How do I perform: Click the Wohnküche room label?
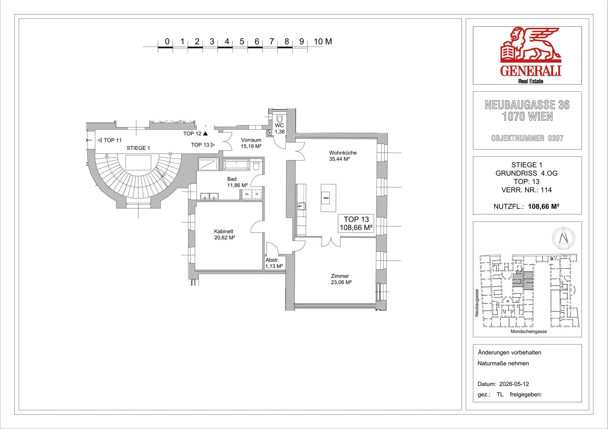coord(343,153)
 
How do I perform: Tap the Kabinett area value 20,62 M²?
coord(225,238)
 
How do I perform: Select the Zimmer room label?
coord(340,276)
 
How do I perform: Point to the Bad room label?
coord(232,179)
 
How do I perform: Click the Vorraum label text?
coord(251,140)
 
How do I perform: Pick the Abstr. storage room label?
coord(272,260)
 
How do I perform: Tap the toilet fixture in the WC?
coord(279,119)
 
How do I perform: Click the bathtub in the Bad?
coord(237,164)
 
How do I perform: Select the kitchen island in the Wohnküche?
coord(328,198)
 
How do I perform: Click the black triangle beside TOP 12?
coord(205,133)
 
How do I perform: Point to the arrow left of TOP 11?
coord(100,140)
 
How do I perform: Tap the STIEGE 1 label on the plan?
coord(138,148)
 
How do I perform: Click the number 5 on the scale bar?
coord(242,41)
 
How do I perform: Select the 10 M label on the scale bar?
coord(323,41)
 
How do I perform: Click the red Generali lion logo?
coord(531,45)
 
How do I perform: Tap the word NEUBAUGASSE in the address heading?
coord(520,105)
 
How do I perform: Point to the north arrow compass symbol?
coord(564,238)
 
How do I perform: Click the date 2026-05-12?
coord(514,384)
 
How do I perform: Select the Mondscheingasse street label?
coord(529,332)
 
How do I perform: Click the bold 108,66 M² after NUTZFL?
coord(543,206)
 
